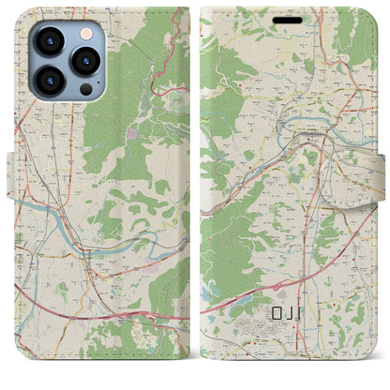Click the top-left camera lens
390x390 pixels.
pos(49,43)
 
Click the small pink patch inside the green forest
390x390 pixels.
pos(130,134)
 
